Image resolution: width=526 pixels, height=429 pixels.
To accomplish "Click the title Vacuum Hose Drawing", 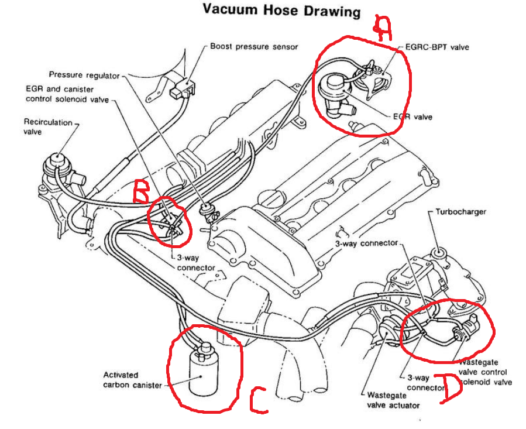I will click(x=281, y=11).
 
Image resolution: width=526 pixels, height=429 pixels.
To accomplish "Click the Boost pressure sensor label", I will click(x=254, y=46).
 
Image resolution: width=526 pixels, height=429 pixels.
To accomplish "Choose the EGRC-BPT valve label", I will click(x=437, y=47).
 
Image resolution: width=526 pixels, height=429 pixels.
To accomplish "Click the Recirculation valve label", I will click(x=48, y=126).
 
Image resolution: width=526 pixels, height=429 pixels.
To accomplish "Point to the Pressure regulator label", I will click(x=84, y=75).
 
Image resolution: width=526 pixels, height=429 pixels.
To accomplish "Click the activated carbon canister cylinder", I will click(x=202, y=369).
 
